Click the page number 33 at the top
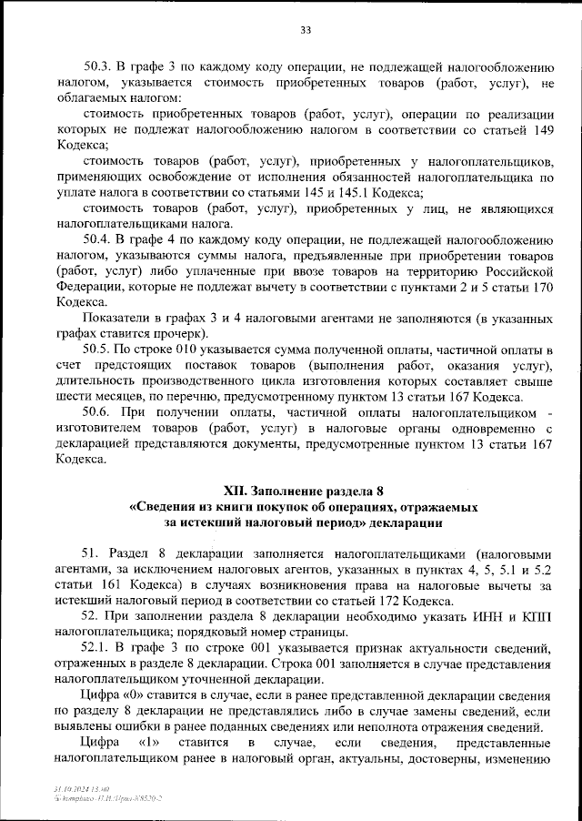tap(306, 30)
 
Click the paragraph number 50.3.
tap(97, 66)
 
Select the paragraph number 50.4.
tap(97, 239)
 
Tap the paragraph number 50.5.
tap(97, 349)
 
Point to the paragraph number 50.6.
tap(97, 412)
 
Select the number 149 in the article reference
tap(541, 130)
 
